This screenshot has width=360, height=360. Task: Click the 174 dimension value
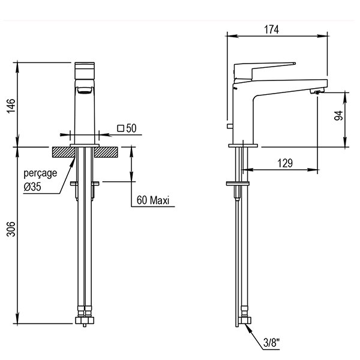coord(271,29)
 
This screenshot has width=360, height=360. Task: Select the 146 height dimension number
coord(11,106)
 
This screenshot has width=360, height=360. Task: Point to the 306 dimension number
coord(11,229)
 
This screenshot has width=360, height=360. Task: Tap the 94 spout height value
coord(338,115)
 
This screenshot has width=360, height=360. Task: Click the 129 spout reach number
coord(285,163)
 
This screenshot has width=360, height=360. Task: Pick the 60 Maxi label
coord(152,200)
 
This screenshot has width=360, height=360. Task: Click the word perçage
coord(40,173)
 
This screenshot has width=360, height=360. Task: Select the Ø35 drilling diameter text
coord(32,187)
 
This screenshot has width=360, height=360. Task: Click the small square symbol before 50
coord(121,128)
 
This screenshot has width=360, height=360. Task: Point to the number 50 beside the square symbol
coord(131,128)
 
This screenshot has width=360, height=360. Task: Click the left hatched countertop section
coord(64,152)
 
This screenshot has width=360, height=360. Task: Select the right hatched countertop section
coord(106,152)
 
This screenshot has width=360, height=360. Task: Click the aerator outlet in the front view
coord(85,90)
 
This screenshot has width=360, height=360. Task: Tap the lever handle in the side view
coord(265,71)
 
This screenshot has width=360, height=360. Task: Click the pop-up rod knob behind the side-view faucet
coord(230,126)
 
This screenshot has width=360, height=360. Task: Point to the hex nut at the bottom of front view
coord(85,320)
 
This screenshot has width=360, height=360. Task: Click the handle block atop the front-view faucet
coord(85,71)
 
